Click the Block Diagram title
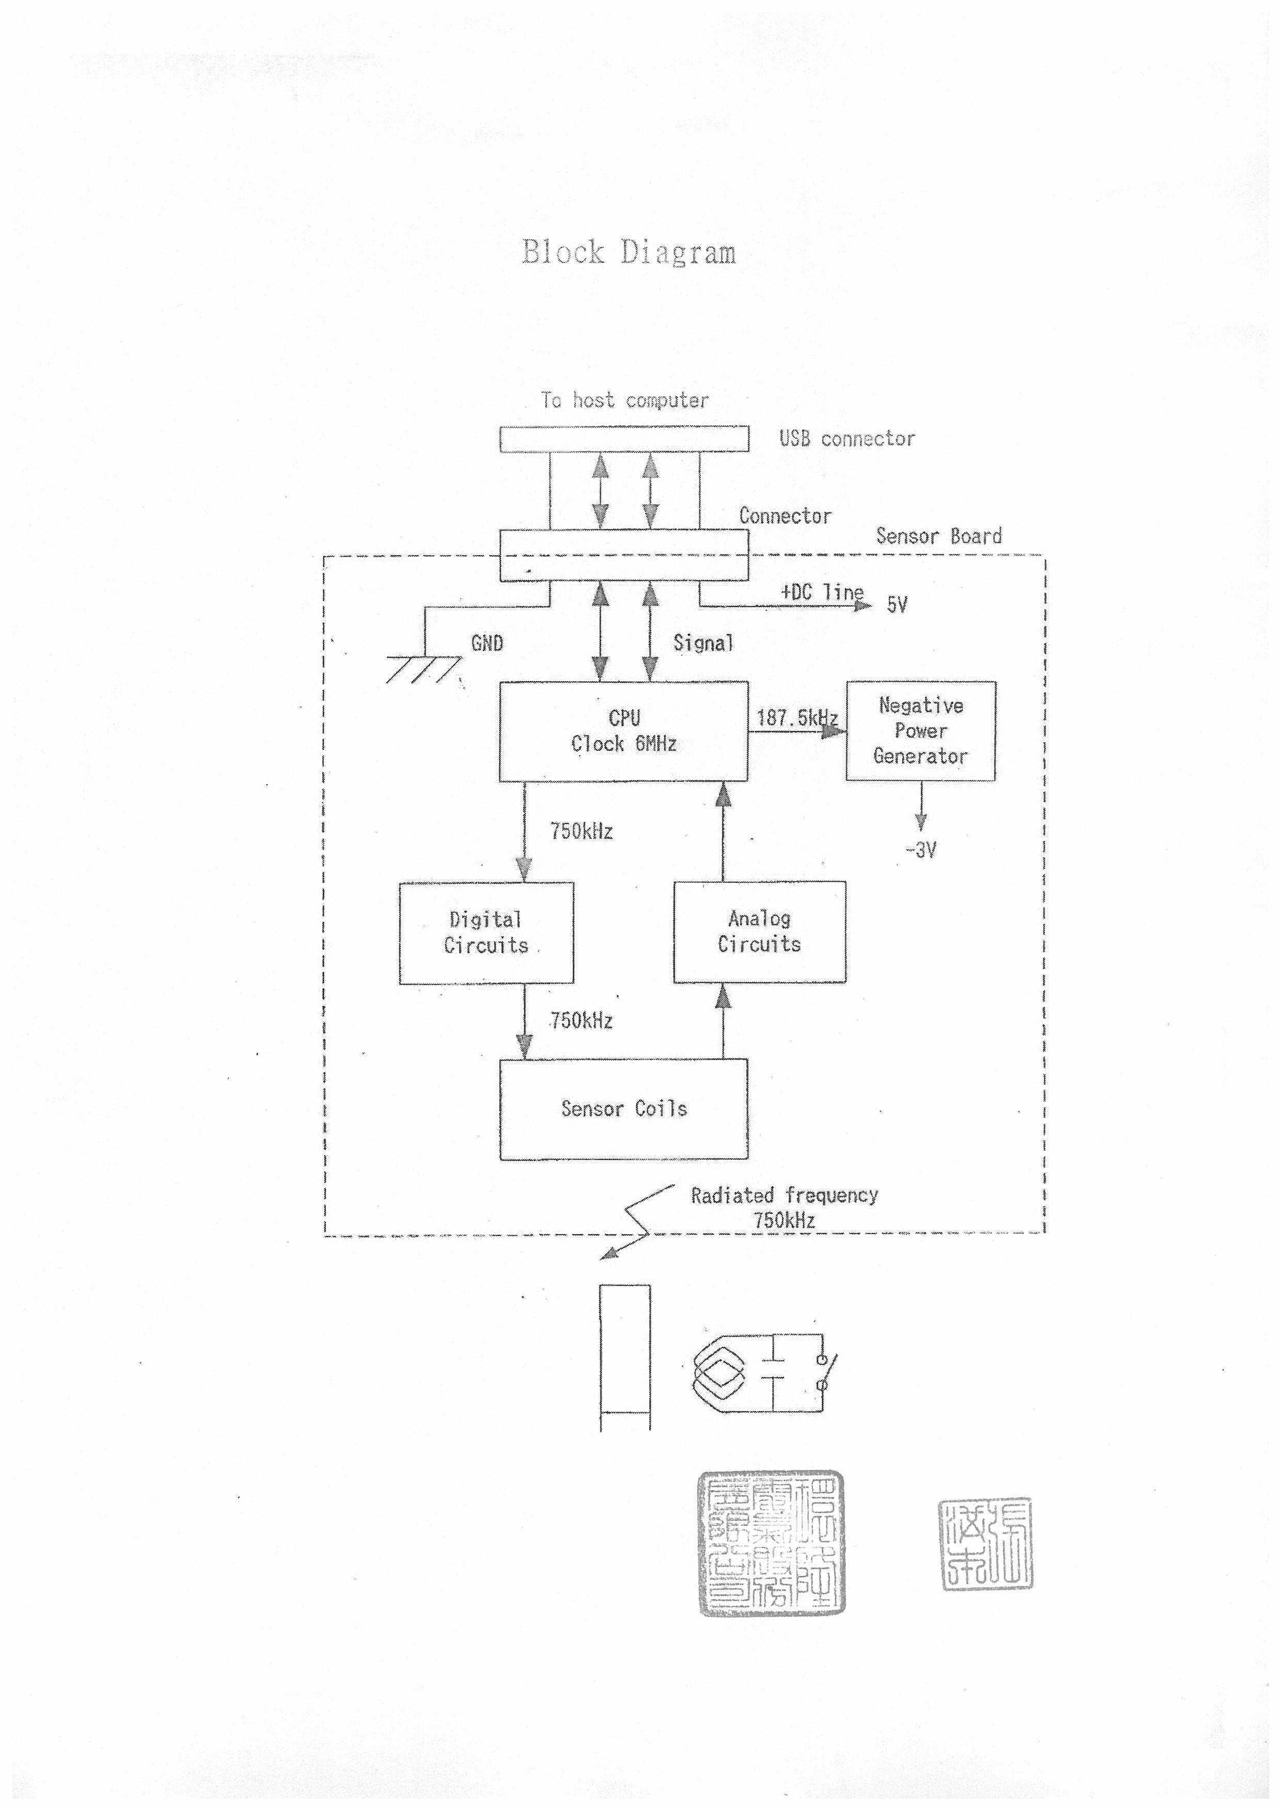[x=628, y=252]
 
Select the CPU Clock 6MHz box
[x=623, y=731]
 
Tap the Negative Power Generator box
[x=921, y=731]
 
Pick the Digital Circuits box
[x=486, y=933]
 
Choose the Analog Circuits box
[x=759, y=932]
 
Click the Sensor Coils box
[x=623, y=1110]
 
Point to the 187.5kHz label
[x=796, y=718]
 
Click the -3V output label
[x=921, y=850]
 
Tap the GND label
[x=487, y=644]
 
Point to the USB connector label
[x=847, y=439]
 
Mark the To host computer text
[x=624, y=400]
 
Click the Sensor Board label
[x=939, y=536]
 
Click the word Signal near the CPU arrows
[x=703, y=644]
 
